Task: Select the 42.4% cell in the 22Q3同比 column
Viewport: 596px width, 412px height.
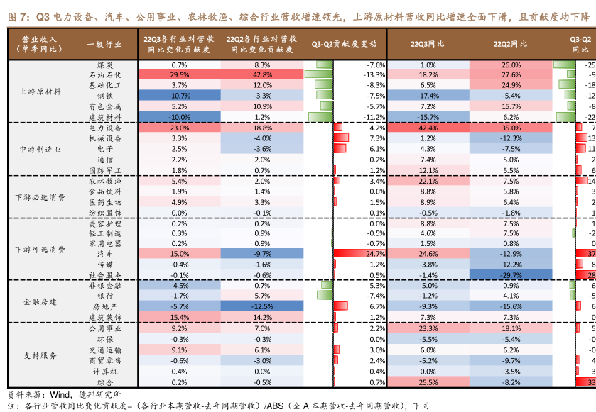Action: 428,128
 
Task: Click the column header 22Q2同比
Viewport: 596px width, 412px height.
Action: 511,44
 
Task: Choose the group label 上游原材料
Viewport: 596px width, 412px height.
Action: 40,91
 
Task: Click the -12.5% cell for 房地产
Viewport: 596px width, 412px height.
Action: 262,306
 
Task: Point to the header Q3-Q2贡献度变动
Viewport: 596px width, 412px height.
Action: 345,44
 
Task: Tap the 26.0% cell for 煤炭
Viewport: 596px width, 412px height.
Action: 511,65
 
